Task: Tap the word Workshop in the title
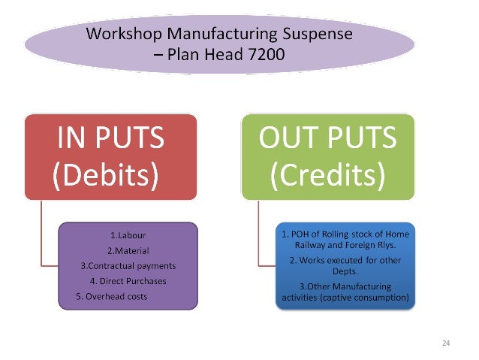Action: coord(122,33)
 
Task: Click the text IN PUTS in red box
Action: coord(110,141)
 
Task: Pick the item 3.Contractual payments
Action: coord(128,266)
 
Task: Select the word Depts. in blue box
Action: coord(345,271)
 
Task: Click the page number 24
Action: coord(446,343)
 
